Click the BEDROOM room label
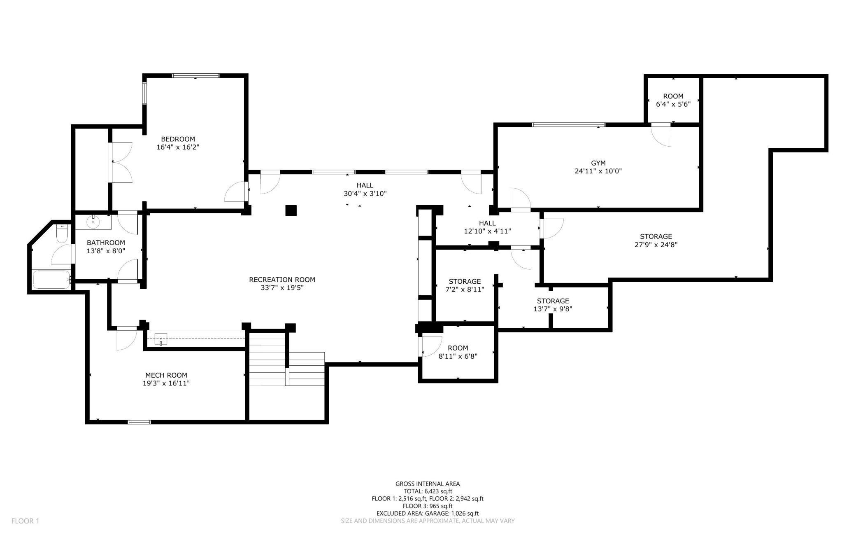tap(178, 139)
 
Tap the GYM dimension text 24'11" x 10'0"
tap(598, 171)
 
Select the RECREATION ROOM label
tap(282, 280)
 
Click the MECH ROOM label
tap(166, 375)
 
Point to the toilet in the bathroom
tap(62, 234)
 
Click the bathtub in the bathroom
tap(51, 279)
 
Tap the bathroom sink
tap(93, 222)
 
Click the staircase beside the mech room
tap(287, 362)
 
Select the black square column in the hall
tap(291, 210)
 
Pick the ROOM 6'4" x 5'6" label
tap(673, 100)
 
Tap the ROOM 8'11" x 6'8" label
tap(458, 352)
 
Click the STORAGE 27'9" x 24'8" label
tap(656, 241)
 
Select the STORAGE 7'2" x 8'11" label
tap(465, 285)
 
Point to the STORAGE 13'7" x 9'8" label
tap(553, 305)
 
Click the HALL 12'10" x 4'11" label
tap(487, 227)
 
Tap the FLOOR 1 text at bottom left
tap(25, 521)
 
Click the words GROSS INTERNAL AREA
tap(427, 484)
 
